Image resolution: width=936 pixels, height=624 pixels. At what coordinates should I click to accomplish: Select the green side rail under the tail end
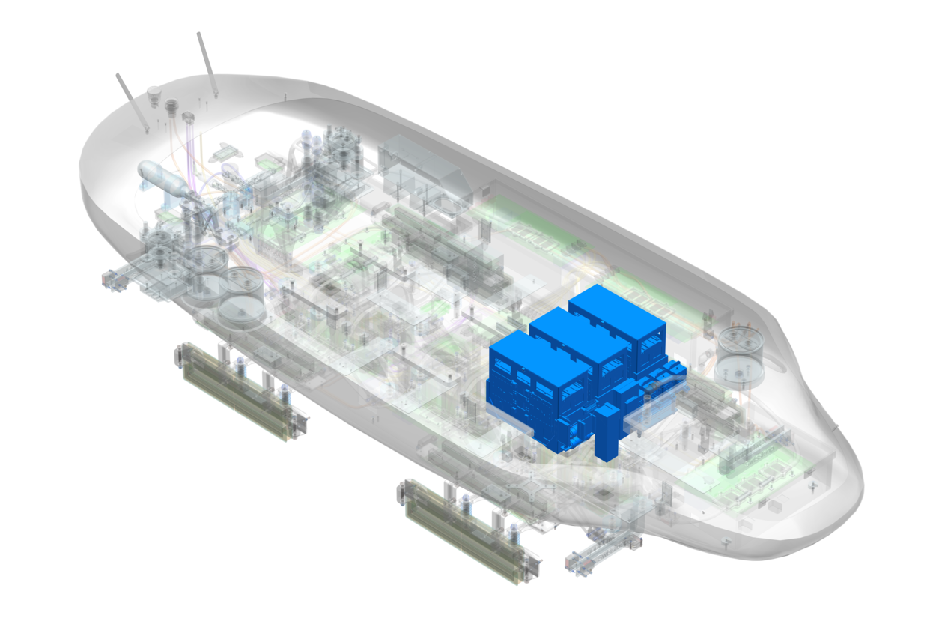click(x=240, y=390)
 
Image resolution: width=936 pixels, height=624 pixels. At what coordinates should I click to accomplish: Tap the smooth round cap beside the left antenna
click(x=154, y=94)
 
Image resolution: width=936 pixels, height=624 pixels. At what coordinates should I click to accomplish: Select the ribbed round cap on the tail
click(x=171, y=106)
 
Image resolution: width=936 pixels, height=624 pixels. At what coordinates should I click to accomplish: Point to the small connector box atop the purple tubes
click(x=187, y=118)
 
